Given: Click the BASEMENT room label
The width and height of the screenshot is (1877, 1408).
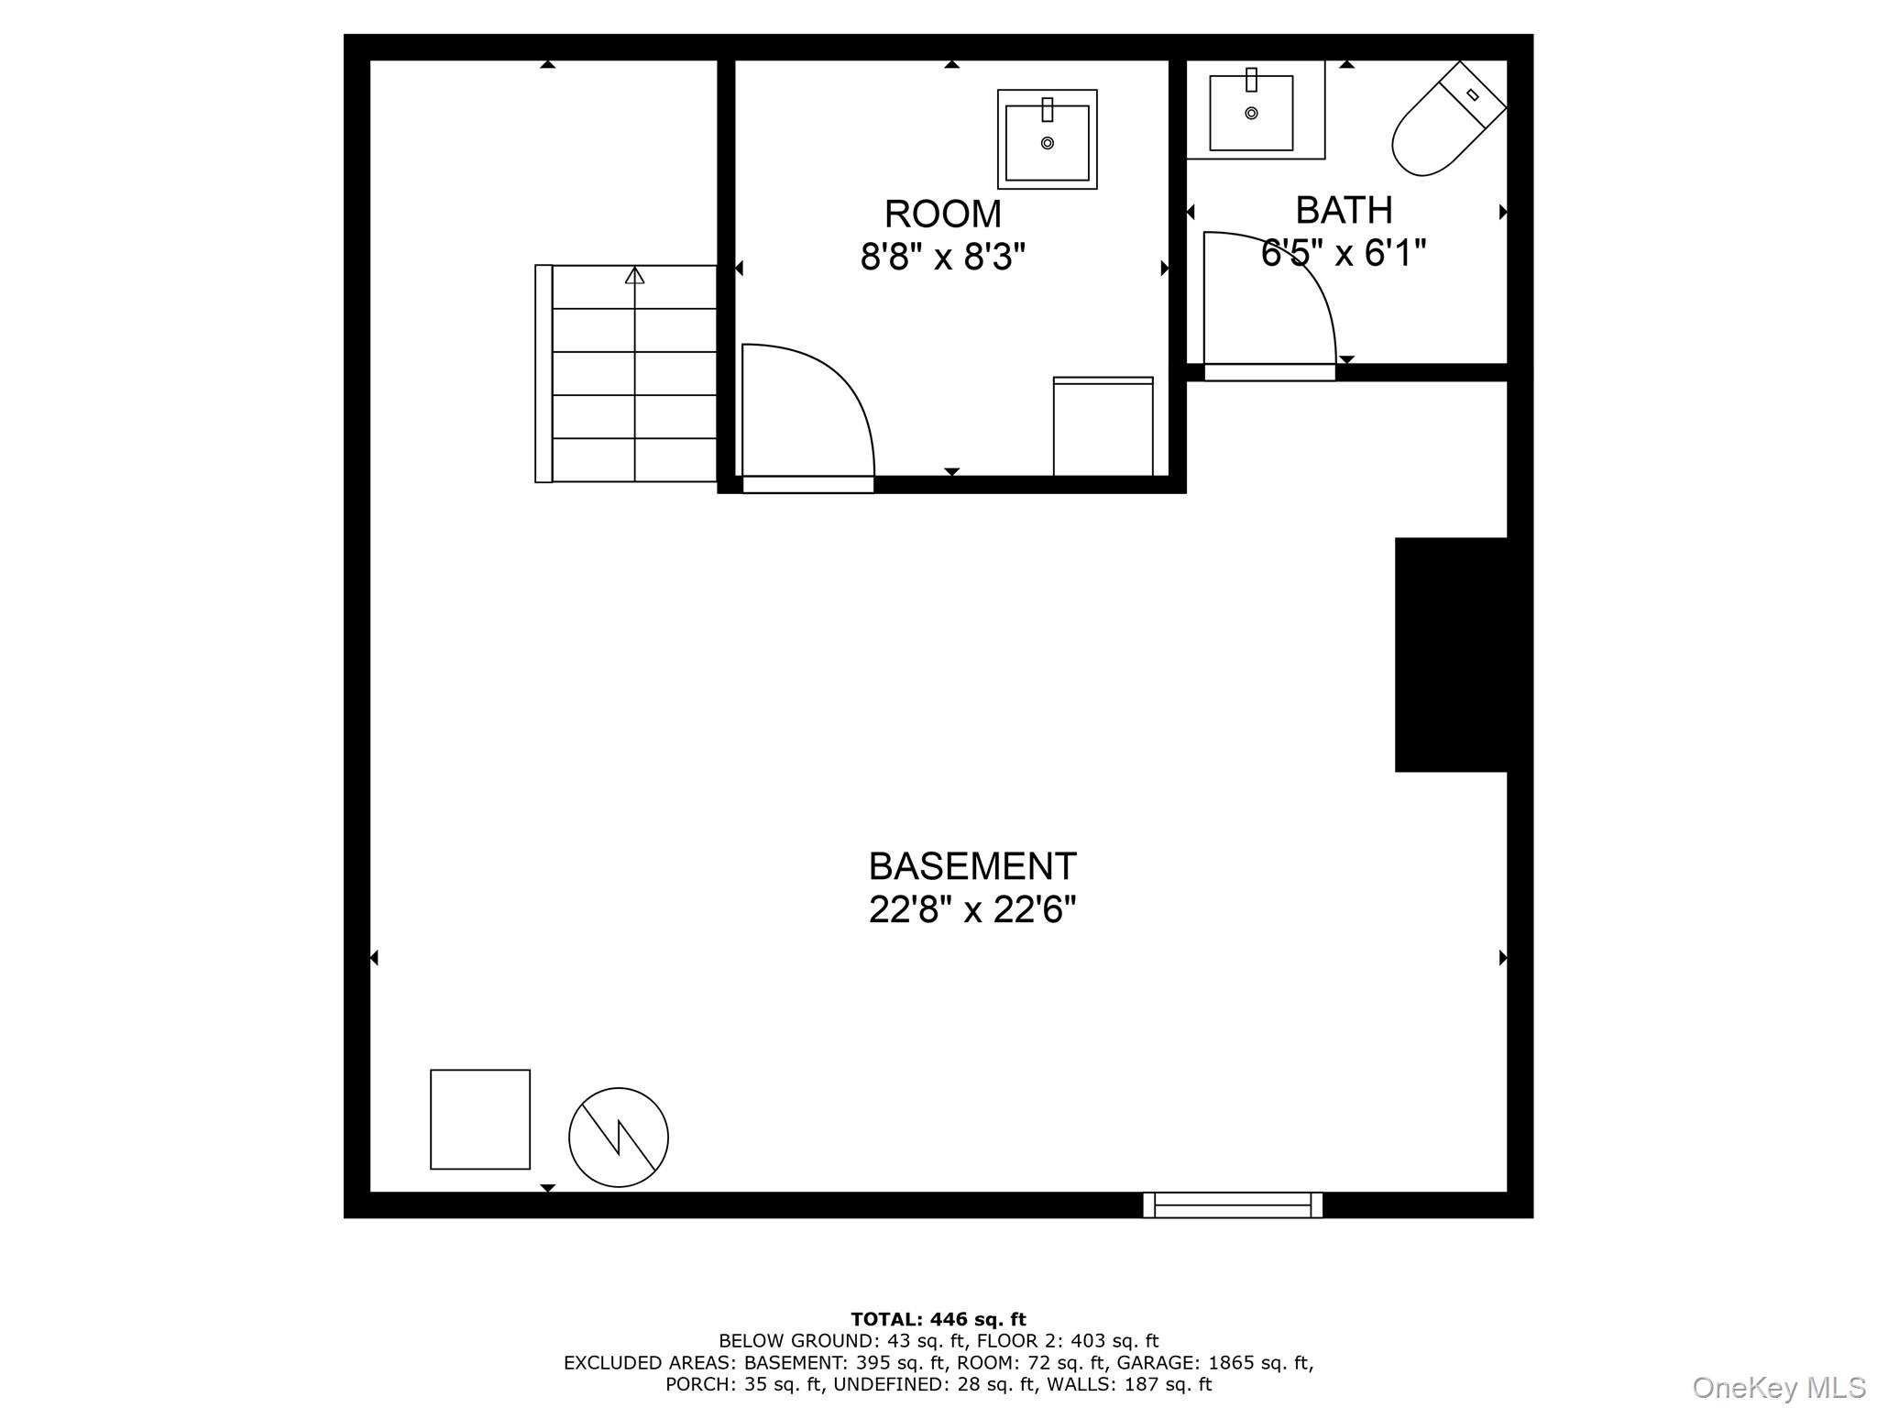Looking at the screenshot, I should pos(971,866).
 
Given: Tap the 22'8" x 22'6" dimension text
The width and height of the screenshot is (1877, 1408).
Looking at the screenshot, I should pos(971,910).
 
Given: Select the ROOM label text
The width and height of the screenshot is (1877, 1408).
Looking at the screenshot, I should pos(942,214).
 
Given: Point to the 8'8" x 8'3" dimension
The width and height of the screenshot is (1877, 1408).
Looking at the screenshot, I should pos(942,258).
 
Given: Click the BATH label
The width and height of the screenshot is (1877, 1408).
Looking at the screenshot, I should pos(1344,211).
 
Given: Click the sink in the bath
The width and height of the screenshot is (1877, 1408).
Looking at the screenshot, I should pos(1251,112).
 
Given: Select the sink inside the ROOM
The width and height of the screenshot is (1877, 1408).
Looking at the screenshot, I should pos(1047,140).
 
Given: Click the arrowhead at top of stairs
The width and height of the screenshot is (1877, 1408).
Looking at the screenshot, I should pos(634,275).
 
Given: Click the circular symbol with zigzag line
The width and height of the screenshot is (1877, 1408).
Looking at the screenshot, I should pos(619,1138).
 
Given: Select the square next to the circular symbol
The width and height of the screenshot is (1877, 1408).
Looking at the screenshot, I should pos(480,1119).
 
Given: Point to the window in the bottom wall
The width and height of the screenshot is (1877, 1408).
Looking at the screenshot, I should pos(1233,1205).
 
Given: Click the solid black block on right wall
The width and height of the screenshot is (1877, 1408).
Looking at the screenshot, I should pos(1451,654).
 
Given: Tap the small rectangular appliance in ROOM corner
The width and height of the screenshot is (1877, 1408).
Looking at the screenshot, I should pos(1103,427).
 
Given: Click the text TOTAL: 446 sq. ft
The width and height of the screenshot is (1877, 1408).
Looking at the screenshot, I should pos(938,1320).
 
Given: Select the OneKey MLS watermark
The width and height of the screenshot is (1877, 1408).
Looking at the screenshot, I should pos(1778,1388).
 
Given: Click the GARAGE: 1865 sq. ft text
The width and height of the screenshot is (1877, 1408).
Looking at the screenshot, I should pos(1213,1363).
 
